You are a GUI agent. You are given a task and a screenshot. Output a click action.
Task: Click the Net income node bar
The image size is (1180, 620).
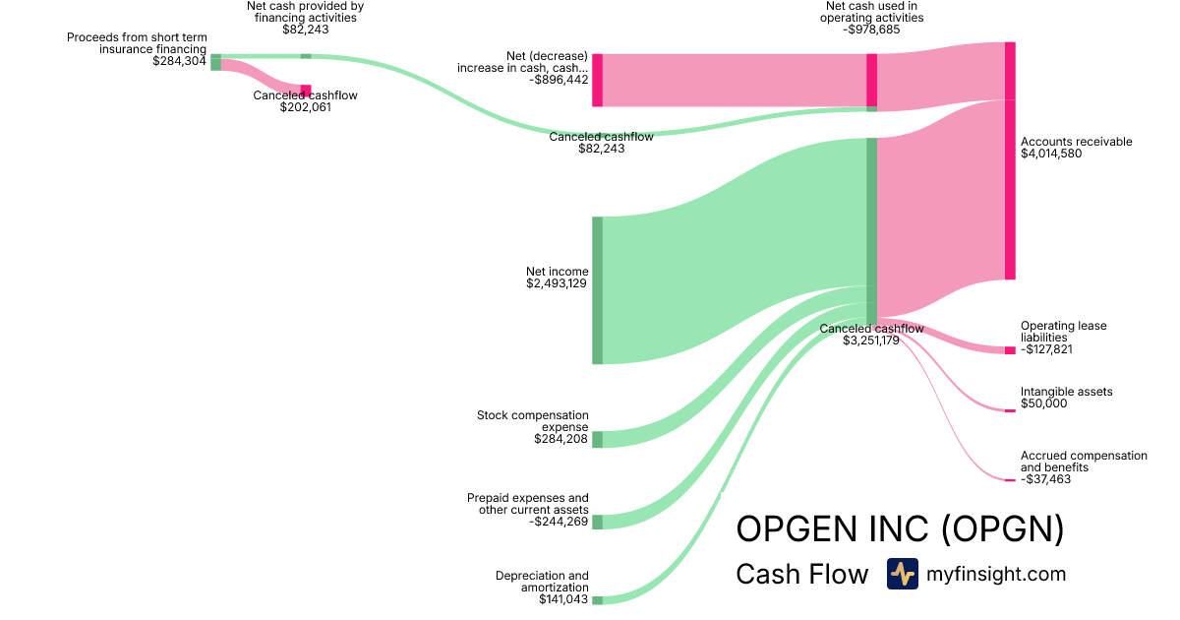(597, 290)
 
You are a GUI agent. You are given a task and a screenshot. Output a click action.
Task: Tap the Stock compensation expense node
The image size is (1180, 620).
(597, 439)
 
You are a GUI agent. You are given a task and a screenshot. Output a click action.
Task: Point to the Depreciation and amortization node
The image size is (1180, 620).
(597, 599)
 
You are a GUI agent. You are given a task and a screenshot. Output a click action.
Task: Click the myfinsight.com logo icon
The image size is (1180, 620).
(902, 574)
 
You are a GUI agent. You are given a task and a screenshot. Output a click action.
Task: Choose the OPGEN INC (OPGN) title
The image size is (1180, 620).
(900, 529)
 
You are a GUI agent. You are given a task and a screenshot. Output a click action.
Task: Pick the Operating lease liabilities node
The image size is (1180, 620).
(1010, 350)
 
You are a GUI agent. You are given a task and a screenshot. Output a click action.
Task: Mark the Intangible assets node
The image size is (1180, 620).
(1010, 410)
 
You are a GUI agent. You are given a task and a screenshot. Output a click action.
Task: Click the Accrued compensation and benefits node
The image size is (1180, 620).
(1010, 480)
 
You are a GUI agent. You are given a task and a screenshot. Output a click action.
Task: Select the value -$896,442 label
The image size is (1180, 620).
(558, 80)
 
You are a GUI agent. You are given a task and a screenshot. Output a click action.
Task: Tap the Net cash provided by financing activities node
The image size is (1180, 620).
(306, 56)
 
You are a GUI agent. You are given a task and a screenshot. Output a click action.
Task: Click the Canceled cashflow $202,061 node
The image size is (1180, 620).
(306, 92)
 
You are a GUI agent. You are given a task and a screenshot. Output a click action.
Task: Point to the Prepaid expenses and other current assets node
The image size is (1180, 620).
(597, 522)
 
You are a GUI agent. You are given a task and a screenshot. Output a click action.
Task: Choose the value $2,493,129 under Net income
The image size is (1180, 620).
(558, 283)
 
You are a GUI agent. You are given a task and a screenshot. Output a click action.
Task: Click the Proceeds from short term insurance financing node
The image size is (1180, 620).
(216, 63)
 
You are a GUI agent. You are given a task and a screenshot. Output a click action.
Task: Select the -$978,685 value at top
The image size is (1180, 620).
(871, 30)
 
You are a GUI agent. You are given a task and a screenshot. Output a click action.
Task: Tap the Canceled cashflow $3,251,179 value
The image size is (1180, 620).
(871, 341)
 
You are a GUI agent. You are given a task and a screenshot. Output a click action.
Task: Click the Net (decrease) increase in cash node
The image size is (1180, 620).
(597, 80)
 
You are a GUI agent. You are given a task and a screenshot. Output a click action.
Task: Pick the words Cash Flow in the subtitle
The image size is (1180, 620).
(801, 574)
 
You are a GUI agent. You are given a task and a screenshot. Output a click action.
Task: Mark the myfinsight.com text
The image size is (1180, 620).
(995, 574)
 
